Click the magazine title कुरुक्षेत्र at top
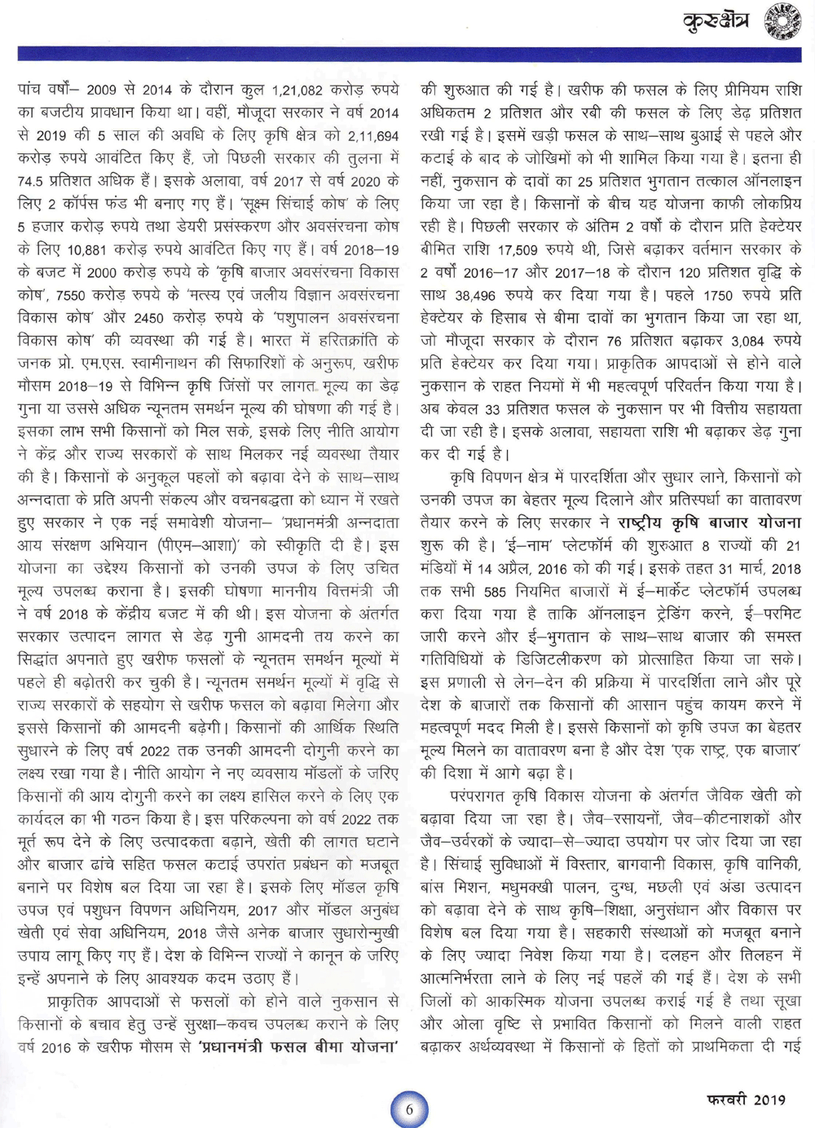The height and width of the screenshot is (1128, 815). (716, 23)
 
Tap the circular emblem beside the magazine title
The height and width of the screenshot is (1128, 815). (782, 22)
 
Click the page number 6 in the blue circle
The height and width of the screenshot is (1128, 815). (409, 1108)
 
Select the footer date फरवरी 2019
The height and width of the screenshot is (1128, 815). (746, 1099)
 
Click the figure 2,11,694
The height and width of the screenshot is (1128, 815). (373, 135)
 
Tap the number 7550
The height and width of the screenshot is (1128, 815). (71, 295)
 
